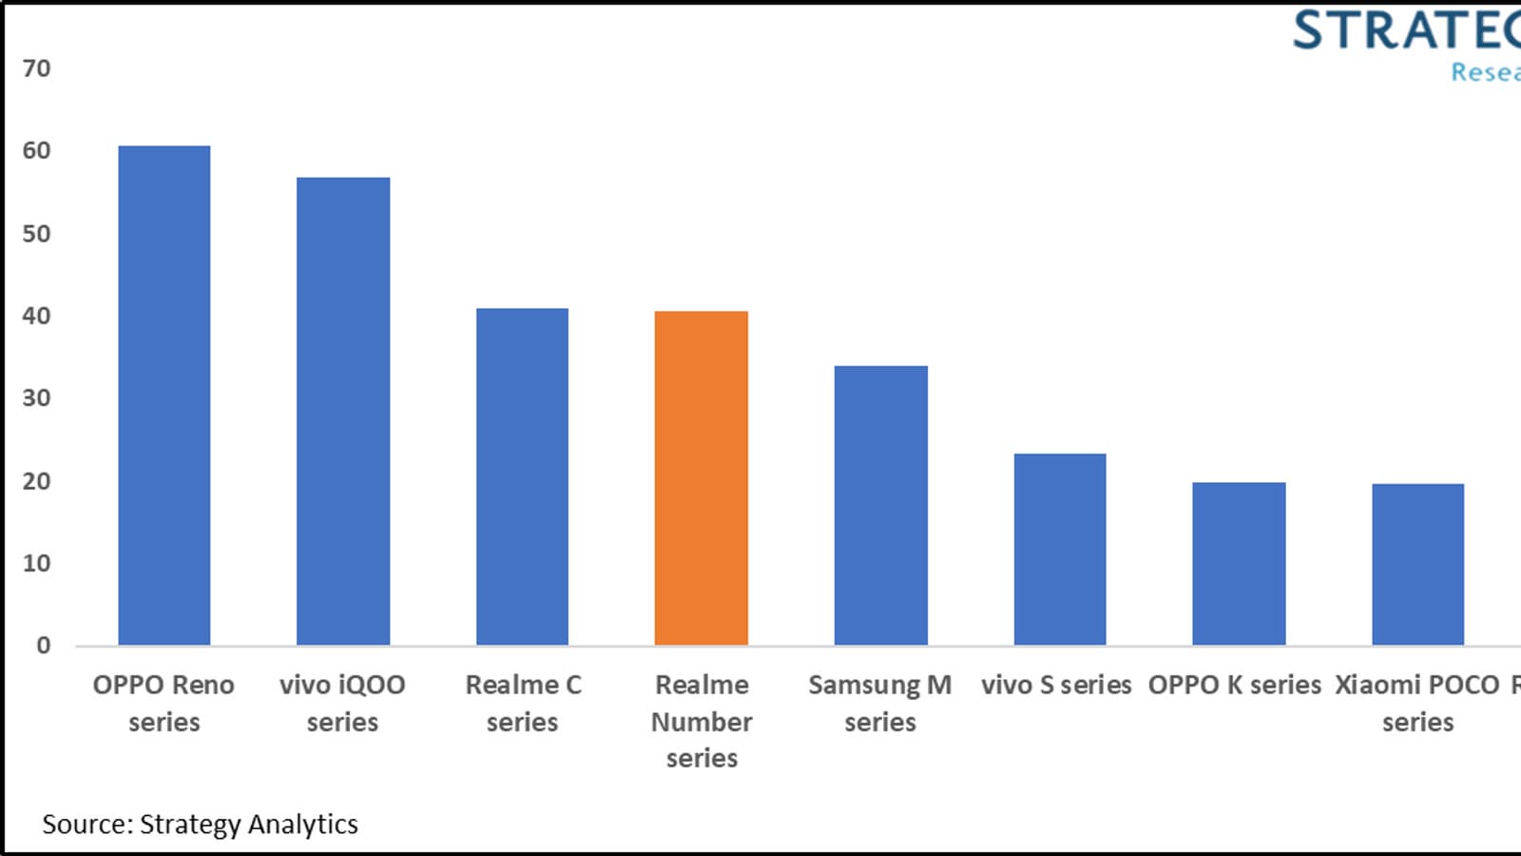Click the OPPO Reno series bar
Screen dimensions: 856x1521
(164, 396)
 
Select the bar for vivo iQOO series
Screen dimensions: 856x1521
(343, 411)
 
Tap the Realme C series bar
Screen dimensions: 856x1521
(522, 477)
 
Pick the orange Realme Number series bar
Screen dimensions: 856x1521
(702, 478)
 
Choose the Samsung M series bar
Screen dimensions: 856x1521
(880, 505)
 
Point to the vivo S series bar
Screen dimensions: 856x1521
(1060, 550)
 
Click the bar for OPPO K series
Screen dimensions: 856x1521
(1239, 564)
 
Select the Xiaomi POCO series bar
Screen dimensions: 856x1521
(1417, 565)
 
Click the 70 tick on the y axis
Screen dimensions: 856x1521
(36, 68)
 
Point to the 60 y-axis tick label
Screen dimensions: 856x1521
(36, 150)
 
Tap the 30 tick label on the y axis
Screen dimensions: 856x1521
(36, 398)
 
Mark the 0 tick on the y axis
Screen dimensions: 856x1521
(43, 646)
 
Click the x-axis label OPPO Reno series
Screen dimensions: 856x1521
(164, 703)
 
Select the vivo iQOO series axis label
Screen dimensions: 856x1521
(342, 703)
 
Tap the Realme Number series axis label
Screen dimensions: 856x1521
(702, 721)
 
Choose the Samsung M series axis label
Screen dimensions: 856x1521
(880, 703)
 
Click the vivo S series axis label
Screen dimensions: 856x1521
(1056, 685)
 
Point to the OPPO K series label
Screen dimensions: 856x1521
(1234, 685)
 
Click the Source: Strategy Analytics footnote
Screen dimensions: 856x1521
(200, 824)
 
